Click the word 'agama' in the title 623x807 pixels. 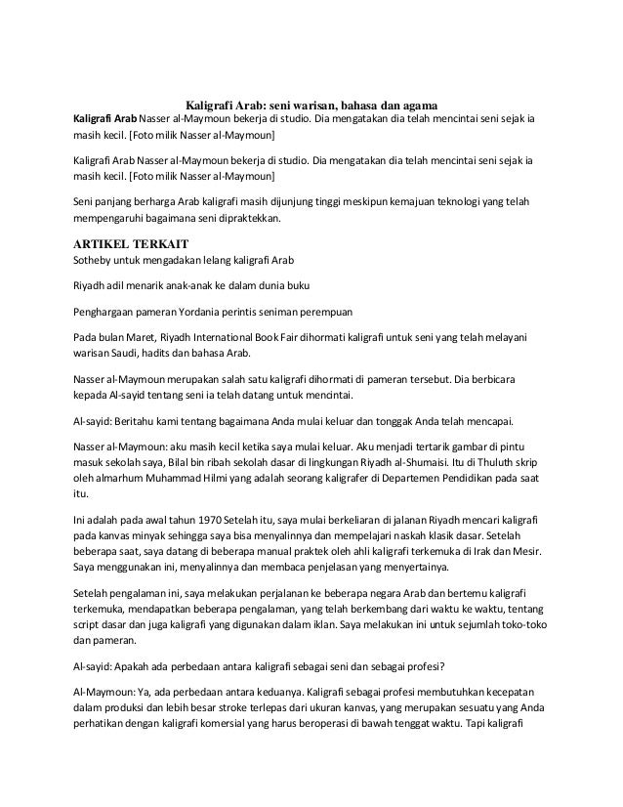coord(418,105)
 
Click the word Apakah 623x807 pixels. coord(133,667)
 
